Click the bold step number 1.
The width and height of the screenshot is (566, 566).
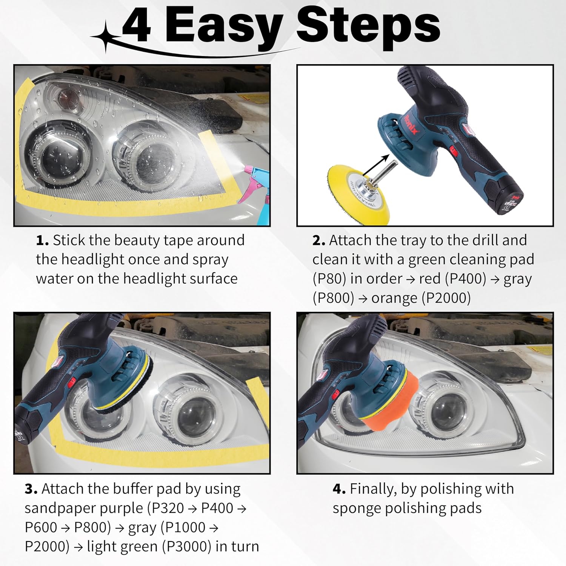coord(43,240)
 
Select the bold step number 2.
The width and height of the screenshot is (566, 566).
coord(319,240)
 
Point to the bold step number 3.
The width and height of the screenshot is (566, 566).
coord(31,489)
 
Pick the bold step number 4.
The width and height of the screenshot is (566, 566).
coord(339,489)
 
